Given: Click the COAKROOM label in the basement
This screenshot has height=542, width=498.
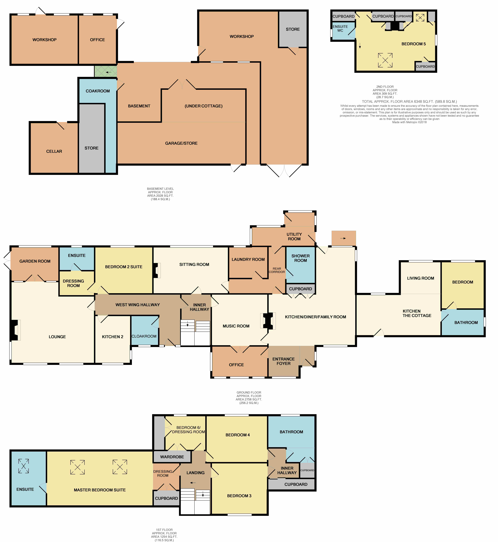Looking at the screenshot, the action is tap(98, 91).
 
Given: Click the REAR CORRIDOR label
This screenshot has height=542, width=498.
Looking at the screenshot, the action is tap(277, 270).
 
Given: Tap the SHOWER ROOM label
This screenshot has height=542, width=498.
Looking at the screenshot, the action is tap(300, 258).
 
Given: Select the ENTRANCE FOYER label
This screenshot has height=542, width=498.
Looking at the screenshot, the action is tap(283, 361).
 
